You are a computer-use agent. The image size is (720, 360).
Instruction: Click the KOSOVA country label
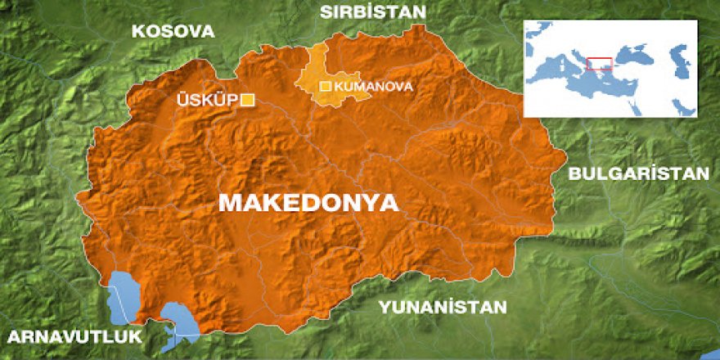click(x=173, y=32)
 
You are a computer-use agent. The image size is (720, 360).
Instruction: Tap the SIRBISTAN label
click(x=373, y=12)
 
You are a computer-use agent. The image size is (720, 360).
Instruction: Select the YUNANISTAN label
click(x=443, y=307)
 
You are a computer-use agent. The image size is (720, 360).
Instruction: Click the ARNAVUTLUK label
click(x=73, y=337)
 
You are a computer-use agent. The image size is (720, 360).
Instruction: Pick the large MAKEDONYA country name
click(x=308, y=202)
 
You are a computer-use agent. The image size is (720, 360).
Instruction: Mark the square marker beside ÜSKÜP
click(x=246, y=100)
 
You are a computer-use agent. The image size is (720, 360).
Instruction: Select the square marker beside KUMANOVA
click(x=325, y=86)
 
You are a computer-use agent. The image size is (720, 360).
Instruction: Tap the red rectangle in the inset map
click(x=600, y=64)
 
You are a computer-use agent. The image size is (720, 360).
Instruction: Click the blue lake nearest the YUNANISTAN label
click(x=178, y=319)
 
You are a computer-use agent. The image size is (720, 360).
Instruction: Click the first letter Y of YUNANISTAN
click(x=383, y=307)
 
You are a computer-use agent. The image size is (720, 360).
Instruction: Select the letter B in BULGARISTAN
click(x=574, y=173)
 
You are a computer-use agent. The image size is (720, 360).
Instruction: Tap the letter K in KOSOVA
click(x=137, y=32)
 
